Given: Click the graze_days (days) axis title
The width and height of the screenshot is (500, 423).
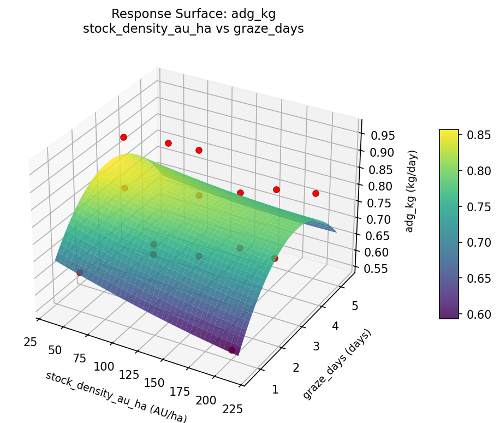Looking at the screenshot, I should click(x=337, y=364).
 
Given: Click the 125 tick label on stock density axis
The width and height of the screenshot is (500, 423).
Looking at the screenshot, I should click(x=130, y=375).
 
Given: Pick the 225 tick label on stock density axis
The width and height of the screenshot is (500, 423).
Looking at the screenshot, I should click(x=233, y=408).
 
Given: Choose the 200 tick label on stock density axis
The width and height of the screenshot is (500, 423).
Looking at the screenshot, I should click(x=206, y=400).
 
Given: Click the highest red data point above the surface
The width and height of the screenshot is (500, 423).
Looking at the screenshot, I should click(x=123, y=137).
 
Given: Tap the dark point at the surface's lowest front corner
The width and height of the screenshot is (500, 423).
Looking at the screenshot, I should click(x=232, y=350).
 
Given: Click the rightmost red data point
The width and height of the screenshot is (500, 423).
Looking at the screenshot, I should click(x=316, y=193).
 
